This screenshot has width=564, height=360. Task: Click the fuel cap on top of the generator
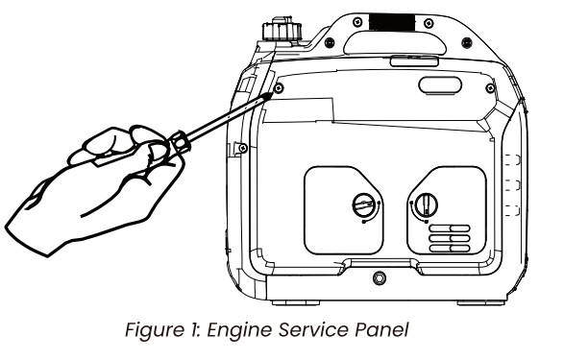coord(282,29)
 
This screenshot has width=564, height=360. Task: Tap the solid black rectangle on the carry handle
coord(392,22)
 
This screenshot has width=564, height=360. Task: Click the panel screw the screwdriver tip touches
coord(279,87)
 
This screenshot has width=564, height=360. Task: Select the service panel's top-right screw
coord(490,87)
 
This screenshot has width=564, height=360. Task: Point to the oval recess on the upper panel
coord(440,85)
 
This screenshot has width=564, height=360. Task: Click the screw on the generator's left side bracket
coord(243,148)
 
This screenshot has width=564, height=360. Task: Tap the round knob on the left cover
coord(363,204)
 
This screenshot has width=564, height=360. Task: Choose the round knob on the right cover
coord(427,204)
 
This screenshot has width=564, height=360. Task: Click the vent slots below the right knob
coord(450,238)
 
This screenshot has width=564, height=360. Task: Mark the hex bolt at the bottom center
coord(380,277)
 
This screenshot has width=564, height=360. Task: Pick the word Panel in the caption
coord(382,330)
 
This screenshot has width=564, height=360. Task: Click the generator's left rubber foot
coord(296,302)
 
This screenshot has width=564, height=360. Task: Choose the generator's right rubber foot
coord(481,302)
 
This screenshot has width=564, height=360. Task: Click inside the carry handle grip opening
coord(395,44)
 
